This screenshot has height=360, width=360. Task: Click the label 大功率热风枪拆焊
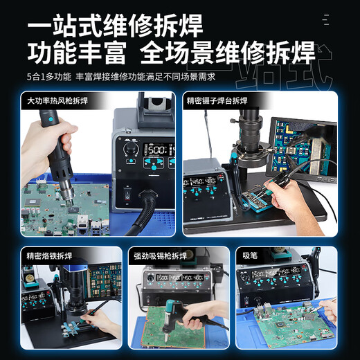[x=58, y=101]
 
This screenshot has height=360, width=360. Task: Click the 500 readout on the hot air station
[x=159, y=149]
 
